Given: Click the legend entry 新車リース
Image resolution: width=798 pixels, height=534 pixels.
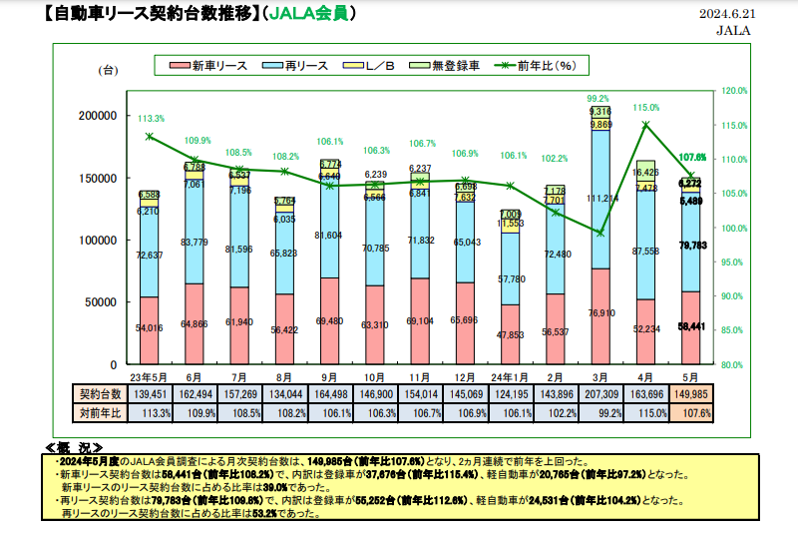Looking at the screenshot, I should click(x=214, y=66).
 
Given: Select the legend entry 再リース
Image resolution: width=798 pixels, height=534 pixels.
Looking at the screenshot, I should click(x=302, y=66).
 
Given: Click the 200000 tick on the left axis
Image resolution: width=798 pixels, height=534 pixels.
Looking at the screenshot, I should click(x=97, y=116).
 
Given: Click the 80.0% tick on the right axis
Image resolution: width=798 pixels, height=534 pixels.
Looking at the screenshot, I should click(x=733, y=365).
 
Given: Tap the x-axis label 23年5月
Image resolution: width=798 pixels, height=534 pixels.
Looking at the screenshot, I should click(x=149, y=378).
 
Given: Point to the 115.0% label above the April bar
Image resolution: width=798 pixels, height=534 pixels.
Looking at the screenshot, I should click(x=645, y=107).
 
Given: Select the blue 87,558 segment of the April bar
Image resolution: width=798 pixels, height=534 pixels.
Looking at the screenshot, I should click(x=645, y=251).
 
